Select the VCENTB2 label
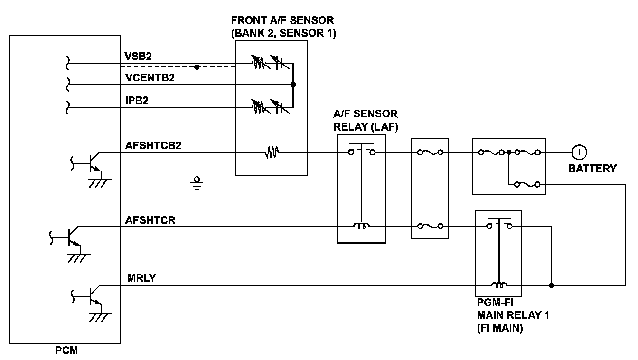[150, 77]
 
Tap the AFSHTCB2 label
[153, 145]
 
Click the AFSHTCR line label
[150, 220]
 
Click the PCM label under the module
[66, 351]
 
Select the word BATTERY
[592, 169]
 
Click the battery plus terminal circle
[579, 152]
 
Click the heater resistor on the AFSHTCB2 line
[272, 152]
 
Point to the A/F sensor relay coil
[361, 227]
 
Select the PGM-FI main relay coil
[498, 285]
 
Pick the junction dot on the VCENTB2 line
[293, 85]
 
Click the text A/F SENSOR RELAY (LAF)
[366, 121]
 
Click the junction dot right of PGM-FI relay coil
[551, 286]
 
